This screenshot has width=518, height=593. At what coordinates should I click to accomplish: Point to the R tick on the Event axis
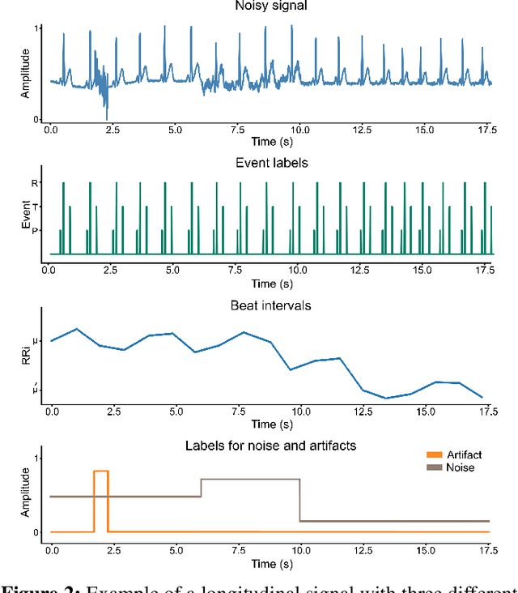coord(34,183)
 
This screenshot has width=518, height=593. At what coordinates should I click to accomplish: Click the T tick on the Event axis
coord(34,207)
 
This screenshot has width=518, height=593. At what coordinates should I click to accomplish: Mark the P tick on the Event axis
coord(34,230)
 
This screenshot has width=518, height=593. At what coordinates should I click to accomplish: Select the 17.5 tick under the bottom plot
coord(487,550)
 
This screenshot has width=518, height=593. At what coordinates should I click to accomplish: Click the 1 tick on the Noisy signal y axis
coord(38,28)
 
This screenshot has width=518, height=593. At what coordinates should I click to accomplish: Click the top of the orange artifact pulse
coord(101,471)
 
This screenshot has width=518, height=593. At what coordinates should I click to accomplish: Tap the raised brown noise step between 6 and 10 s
coord(250,479)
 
